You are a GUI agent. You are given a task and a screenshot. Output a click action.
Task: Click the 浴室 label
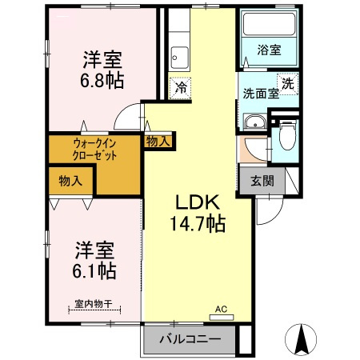pos(268,50)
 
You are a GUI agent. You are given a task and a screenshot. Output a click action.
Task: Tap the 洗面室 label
pos(261,93)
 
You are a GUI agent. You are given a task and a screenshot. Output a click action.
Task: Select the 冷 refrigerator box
pos(182,87)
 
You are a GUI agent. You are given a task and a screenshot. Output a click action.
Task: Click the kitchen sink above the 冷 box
pos(180,58)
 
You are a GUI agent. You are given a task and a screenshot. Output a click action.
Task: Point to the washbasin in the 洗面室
pos(254,122)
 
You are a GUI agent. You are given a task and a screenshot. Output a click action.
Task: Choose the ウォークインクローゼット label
pos(94,150)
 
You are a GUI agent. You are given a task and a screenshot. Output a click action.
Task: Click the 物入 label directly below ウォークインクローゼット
pos(70,181)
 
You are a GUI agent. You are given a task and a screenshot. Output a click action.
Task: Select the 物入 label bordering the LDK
pos(158,141)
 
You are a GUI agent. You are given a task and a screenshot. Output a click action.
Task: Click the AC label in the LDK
pos(222,308)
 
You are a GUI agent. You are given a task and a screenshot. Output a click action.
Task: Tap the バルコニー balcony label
pos(190,339)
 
